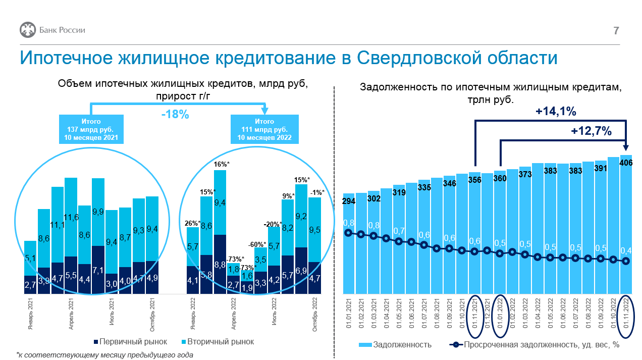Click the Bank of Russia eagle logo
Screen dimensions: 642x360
(28, 30)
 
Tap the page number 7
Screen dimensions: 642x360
(616, 31)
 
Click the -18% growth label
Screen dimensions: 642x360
(175, 115)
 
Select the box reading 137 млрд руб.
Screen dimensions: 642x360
(91, 129)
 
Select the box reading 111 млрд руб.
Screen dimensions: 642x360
(264, 129)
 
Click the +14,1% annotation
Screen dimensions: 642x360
(556, 111)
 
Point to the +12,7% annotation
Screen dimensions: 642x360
(591, 131)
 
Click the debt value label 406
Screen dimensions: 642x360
(626, 163)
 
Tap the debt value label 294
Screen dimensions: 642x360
(349, 201)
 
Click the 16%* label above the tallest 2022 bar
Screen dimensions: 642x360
(222, 164)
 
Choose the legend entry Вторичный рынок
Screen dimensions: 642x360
(218, 342)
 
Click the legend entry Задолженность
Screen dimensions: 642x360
(395, 344)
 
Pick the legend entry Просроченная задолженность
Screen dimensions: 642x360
(534, 344)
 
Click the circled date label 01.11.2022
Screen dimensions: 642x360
(626, 313)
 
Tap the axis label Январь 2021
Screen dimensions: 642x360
(30, 314)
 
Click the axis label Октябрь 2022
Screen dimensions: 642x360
(315, 315)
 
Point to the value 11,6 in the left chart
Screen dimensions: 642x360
(71, 218)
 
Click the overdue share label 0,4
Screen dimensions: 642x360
(626, 251)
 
